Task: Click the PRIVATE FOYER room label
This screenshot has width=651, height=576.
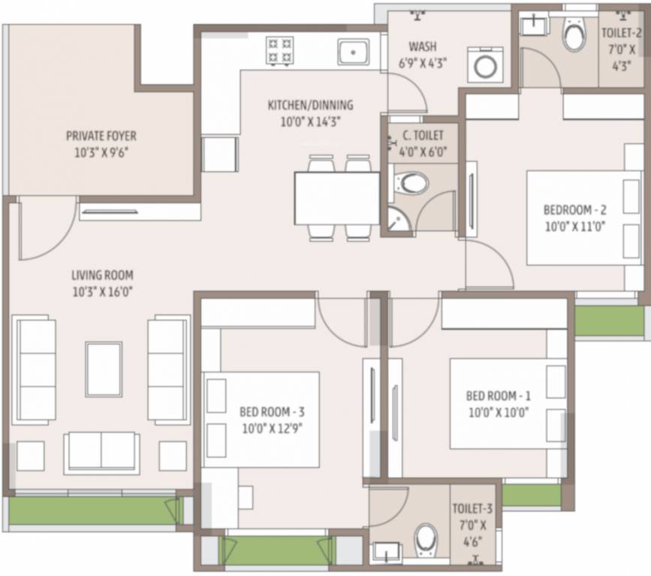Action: coord(101,136)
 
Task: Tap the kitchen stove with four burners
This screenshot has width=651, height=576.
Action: coord(282,52)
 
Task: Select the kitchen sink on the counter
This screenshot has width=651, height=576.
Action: coord(351,52)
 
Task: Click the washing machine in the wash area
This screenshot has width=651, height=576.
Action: coord(485,66)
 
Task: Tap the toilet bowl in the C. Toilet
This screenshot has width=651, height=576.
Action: coord(411,182)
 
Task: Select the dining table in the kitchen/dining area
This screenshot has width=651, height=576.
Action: coord(337,198)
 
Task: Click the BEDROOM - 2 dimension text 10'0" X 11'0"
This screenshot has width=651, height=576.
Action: coord(574,224)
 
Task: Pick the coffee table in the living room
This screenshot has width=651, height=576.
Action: coord(104,368)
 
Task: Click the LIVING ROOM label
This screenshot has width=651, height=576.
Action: coord(102,275)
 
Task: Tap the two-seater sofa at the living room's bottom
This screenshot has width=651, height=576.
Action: coord(101,451)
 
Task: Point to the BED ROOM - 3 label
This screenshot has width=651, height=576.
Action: coord(271,411)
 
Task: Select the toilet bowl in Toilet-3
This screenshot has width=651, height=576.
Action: coord(426,537)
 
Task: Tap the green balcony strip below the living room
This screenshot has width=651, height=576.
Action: coord(90,511)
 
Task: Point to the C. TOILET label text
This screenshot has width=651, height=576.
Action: coord(423,136)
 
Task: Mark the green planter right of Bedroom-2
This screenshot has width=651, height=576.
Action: coord(609,320)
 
